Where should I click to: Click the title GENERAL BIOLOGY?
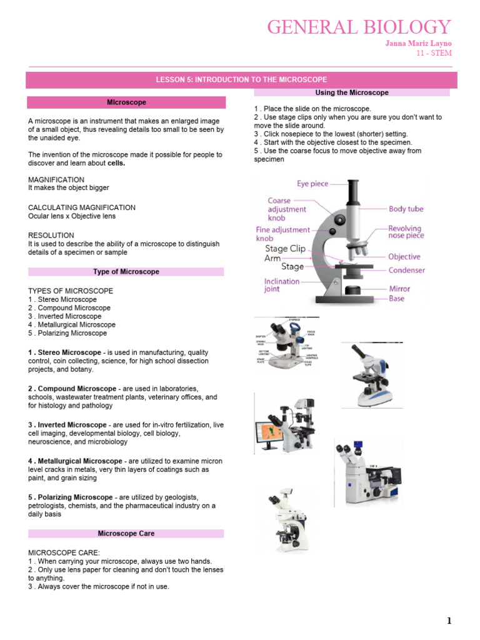pyautogui.click(x=359, y=27)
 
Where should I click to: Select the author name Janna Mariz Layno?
pyautogui.click(x=417, y=43)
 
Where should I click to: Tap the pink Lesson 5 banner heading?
pyautogui.click(x=241, y=80)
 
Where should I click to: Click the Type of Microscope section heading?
pyautogui.click(x=126, y=272)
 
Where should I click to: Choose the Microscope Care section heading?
pyautogui.click(x=126, y=534)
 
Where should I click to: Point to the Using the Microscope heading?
pyautogui.click(x=352, y=92)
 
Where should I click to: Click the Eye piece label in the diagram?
pyautogui.click(x=312, y=184)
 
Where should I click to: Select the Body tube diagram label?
pyautogui.click(x=406, y=209)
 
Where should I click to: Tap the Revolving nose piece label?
pyautogui.click(x=405, y=232)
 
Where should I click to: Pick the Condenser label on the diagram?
pyautogui.click(x=406, y=271)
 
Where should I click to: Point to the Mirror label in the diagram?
pyautogui.click(x=399, y=289)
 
